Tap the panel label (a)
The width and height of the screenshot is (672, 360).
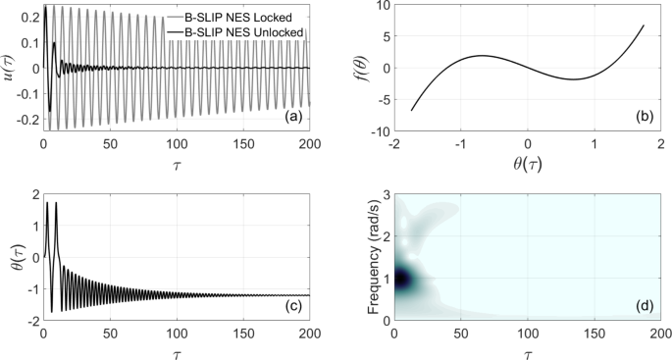point(290,118)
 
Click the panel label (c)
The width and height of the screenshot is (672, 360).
point(290,307)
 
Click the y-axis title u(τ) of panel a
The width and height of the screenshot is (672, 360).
point(9,68)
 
